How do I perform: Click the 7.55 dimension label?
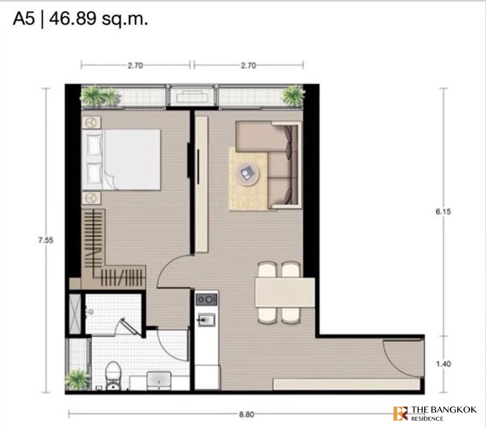click(x=46, y=240)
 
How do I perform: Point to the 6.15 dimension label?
click(x=443, y=211)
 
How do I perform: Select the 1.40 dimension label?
click(x=443, y=364)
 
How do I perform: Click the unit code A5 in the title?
click(x=24, y=19)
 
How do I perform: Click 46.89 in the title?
click(x=72, y=19)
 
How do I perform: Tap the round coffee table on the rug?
click(x=247, y=173)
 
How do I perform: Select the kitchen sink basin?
click(x=206, y=320)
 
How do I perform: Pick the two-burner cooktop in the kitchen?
click(x=206, y=300)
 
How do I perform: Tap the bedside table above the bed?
click(x=92, y=123)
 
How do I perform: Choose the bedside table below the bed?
click(x=92, y=198)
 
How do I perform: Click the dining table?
click(x=285, y=292)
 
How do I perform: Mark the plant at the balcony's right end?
click(x=293, y=96)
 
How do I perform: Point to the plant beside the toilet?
click(x=76, y=379)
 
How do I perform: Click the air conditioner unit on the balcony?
click(x=192, y=97)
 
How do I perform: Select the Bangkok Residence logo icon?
click(x=401, y=414)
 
